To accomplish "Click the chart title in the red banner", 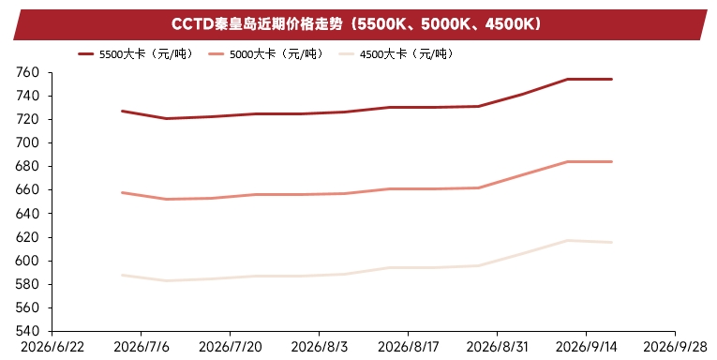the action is pyautogui.click(x=356, y=23).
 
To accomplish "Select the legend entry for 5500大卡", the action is pyautogui.click(x=135, y=54).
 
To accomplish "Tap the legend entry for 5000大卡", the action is pyautogui.click(x=265, y=54).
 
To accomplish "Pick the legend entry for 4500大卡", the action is pyautogui.click(x=396, y=54).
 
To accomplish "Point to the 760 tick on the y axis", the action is pyautogui.click(x=27, y=72).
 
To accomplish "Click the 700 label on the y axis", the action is pyautogui.click(x=27, y=142).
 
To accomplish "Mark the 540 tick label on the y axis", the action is pyautogui.click(x=27, y=331).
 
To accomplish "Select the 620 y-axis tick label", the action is pyautogui.click(x=27, y=237).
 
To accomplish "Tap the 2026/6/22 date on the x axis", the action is pyautogui.click(x=52, y=347).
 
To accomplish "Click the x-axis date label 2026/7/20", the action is pyautogui.click(x=230, y=347).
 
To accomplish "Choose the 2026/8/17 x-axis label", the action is pyautogui.click(x=408, y=347).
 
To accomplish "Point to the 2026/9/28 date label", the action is pyautogui.click(x=676, y=347).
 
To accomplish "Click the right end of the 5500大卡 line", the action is pyautogui.click(x=611, y=79).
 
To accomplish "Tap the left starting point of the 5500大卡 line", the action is pyautogui.click(x=122, y=111).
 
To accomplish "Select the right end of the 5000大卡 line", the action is pyautogui.click(x=611, y=161).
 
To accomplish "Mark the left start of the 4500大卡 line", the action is pyautogui.click(x=122, y=275).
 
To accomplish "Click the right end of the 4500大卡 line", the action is pyautogui.click(x=611, y=242).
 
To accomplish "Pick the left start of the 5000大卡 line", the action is pyautogui.click(x=122, y=192).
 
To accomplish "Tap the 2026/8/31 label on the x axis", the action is pyautogui.click(x=497, y=347).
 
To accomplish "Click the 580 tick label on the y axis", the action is pyautogui.click(x=27, y=284).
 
